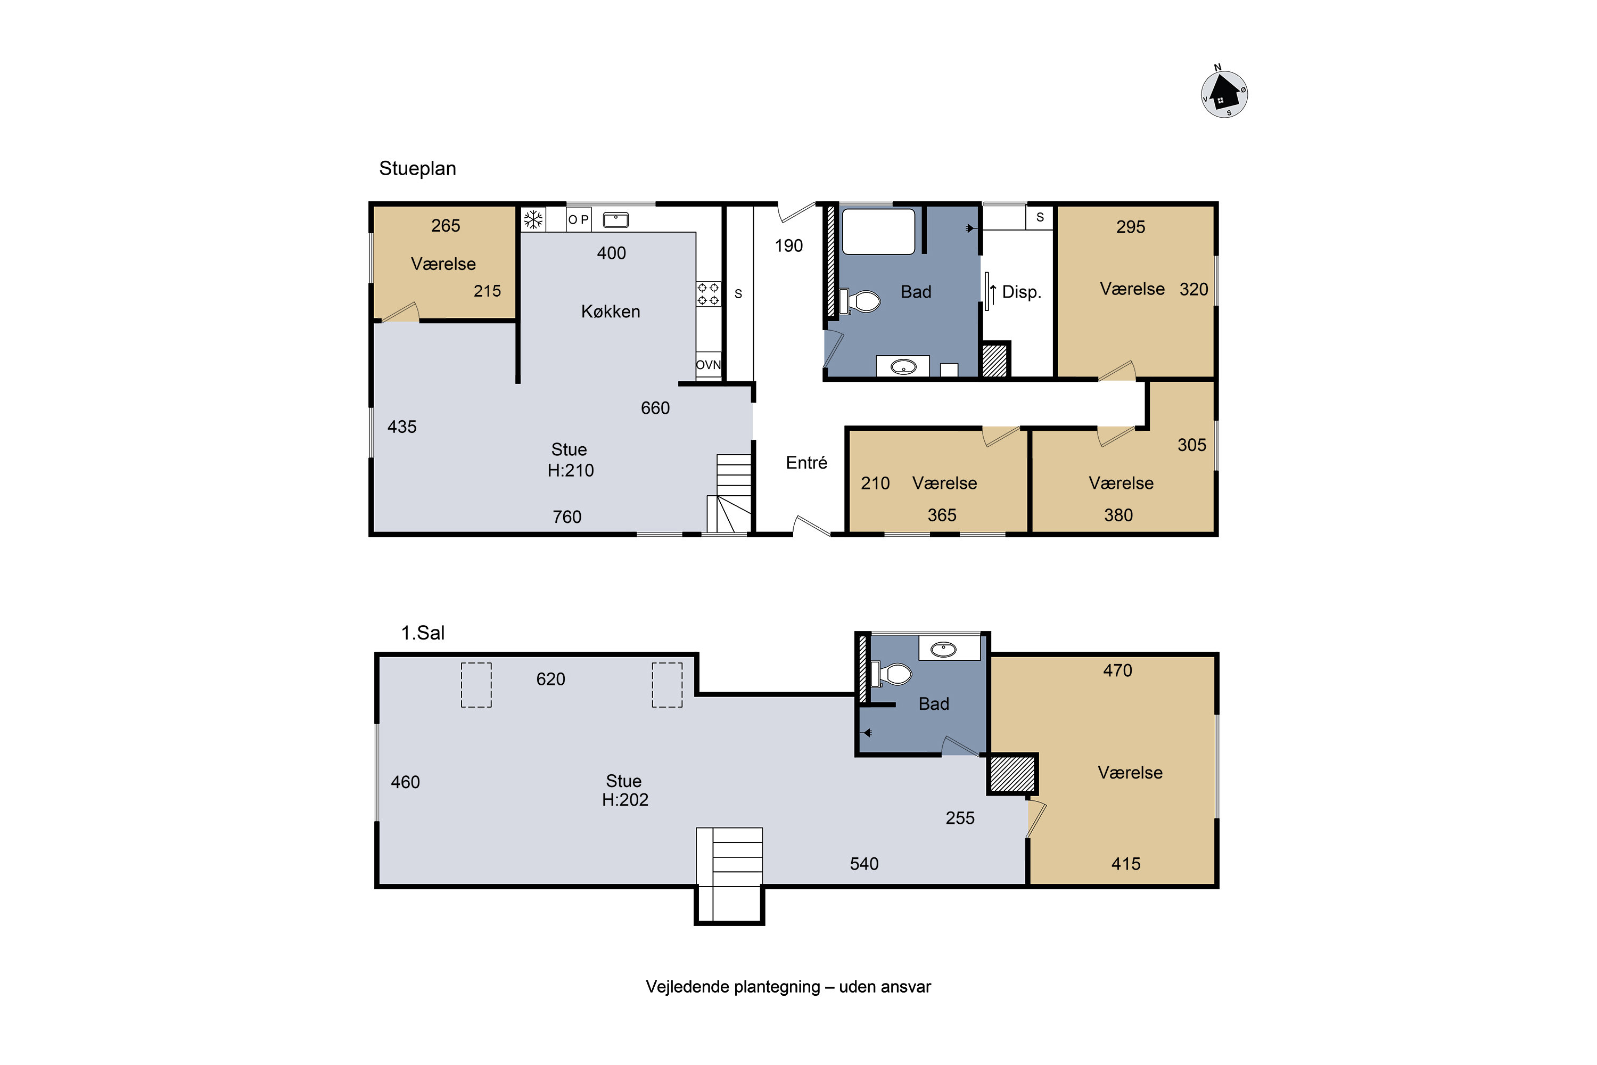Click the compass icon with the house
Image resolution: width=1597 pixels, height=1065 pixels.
pyautogui.click(x=1224, y=93)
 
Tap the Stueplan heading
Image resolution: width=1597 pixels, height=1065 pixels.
pyautogui.click(x=417, y=168)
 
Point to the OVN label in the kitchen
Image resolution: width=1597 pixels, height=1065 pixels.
pyautogui.click(x=708, y=365)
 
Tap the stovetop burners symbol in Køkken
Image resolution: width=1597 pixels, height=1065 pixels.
pyautogui.click(x=708, y=294)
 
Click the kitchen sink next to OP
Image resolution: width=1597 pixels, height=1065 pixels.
pyautogui.click(x=616, y=219)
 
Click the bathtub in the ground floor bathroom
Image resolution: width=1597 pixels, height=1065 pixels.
pyautogui.click(x=879, y=232)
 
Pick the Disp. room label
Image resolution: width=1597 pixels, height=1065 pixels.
pyautogui.click(x=1021, y=292)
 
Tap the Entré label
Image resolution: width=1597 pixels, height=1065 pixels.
pyautogui.click(x=806, y=463)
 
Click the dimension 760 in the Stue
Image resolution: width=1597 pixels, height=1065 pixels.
pyautogui.click(x=567, y=517)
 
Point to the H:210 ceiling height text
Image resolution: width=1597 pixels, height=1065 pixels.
pyautogui.click(x=570, y=470)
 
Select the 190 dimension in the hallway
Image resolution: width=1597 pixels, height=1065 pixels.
pyautogui.click(x=789, y=246)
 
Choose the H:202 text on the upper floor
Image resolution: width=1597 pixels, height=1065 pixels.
pyautogui.click(x=624, y=799)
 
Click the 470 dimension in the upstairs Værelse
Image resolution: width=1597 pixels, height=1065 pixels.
pyautogui.click(x=1117, y=670)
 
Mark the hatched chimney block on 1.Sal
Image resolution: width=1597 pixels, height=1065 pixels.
pyautogui.click(x=1012, y=774)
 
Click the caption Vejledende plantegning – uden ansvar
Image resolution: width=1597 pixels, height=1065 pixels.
pyautogui.click(x=788, y=987)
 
